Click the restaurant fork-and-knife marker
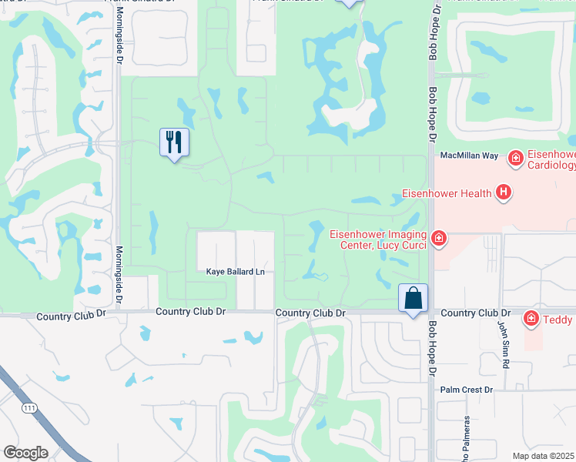click(174, 142)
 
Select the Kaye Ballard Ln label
click(236, 272)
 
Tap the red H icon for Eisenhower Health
click(504, 192)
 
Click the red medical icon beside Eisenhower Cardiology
click(515, 159)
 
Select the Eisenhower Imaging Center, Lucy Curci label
click(376, 239)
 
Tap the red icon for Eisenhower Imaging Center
click(438, 239)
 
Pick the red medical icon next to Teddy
click(531, 318)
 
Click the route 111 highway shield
click(29, 407)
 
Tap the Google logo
click(25, 453)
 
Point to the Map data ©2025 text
click(544, 456)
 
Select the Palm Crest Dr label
click(467, 390)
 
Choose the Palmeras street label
click(467, 441)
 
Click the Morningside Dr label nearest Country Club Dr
click(119, 264)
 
